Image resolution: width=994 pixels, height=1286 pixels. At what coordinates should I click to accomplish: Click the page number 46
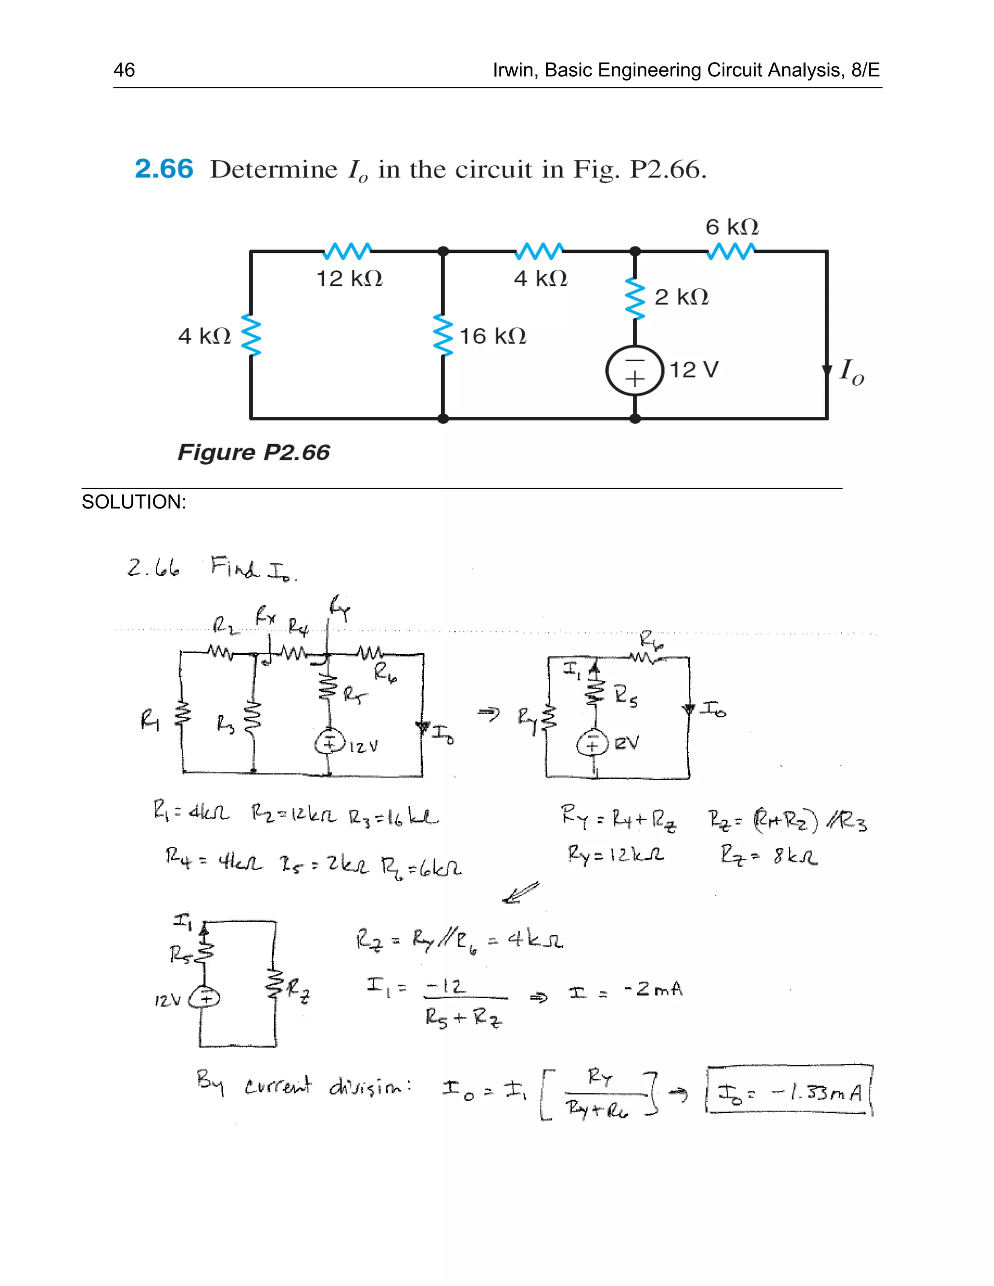[124, 70]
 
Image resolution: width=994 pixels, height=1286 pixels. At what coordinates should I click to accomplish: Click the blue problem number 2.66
[164, 169]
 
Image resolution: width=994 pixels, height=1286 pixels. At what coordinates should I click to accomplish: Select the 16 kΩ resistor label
[492, 336]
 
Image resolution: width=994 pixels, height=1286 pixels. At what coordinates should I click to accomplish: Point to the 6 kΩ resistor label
[732, 227]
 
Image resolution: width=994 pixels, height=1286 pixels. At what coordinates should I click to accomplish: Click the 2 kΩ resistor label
[681, 297]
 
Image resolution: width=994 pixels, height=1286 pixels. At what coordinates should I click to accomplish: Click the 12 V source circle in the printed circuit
[634, 370]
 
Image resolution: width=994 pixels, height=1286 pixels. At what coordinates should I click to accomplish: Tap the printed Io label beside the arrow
[851, 372]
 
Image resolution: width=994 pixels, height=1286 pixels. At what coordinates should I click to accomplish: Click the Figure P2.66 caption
[254, 452]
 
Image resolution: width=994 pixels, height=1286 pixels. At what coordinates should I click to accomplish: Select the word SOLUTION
[133, 502]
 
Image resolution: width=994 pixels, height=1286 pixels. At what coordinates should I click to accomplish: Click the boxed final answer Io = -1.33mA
[789, 1092]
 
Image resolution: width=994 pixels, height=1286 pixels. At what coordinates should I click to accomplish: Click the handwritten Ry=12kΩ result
[615, 854]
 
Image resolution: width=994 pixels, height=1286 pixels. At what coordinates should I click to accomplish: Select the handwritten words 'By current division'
[304, 1085]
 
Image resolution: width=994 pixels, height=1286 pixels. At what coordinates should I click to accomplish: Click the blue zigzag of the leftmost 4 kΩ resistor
[251, 336]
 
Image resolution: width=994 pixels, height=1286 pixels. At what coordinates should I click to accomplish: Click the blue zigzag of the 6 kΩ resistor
[731, 251]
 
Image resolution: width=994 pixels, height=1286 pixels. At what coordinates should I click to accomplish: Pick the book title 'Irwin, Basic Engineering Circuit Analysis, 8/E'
[686, 70]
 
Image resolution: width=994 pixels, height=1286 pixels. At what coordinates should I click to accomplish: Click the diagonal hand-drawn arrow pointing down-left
[521, 891]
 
